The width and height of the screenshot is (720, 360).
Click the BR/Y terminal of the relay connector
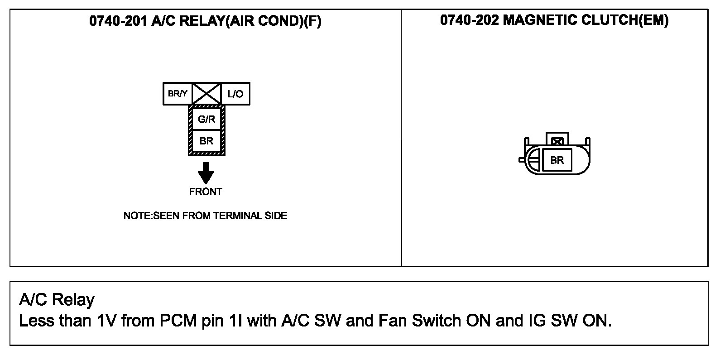[x=178, y=94]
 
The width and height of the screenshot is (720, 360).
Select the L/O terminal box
[x=235, y=94]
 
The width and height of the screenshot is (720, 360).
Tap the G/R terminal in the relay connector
[x=206, y=120]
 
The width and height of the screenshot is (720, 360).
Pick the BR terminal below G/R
[x=206, y=141]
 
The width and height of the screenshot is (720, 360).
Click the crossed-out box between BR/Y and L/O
[x=206, y=94]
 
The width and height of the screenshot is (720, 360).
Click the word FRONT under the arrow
[x=206, y=192]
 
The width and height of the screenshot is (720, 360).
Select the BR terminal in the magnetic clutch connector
[x=557, y=160]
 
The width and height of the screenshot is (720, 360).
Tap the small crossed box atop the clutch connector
[x=557, y=141]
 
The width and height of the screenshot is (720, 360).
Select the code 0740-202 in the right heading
[x=469, y=20]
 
